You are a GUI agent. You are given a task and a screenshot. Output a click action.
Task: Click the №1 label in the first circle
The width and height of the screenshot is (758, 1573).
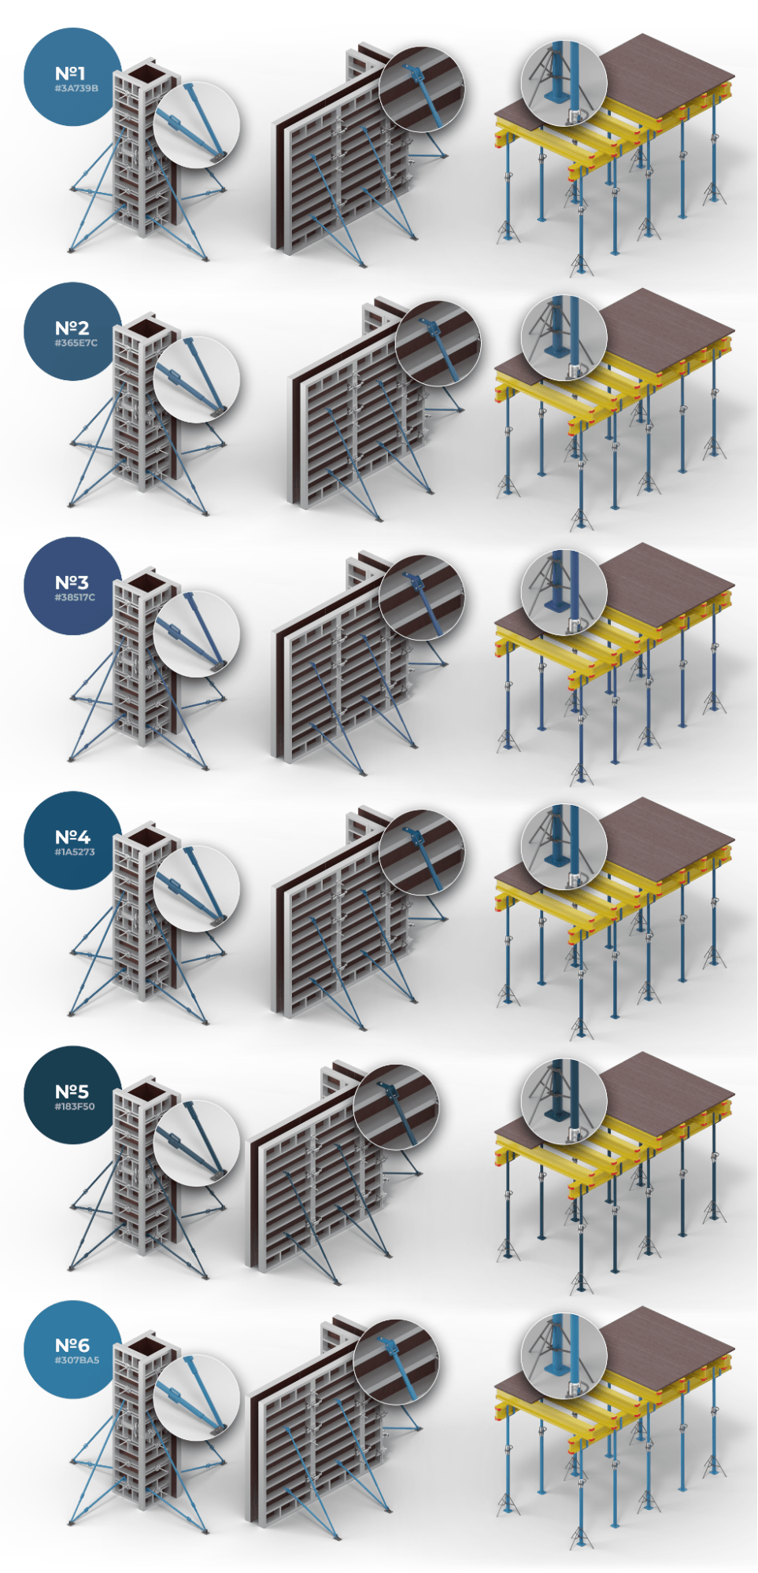[71, 73]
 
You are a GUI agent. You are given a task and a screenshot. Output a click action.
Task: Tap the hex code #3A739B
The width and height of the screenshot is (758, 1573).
[76, 88]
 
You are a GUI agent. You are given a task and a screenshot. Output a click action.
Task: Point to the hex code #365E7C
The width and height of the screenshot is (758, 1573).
[76, 343]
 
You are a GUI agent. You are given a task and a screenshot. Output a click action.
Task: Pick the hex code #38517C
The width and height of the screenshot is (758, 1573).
[75, 597]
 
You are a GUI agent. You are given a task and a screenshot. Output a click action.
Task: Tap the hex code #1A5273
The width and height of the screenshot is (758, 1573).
[75, 851]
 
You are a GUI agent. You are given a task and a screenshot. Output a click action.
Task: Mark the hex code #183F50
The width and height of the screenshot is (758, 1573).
[75, 1106]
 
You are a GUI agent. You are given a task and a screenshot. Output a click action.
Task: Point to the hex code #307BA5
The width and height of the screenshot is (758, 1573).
[77, 1360]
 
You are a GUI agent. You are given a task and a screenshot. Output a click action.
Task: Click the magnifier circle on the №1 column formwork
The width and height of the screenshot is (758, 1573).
[196, 124]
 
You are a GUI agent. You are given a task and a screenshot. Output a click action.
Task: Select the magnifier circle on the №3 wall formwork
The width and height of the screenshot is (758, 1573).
[422, 597]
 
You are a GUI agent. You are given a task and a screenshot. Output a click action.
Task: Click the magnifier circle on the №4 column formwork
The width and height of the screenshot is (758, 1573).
[196, 888]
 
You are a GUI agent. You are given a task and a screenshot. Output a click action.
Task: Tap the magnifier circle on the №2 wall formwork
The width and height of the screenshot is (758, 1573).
[438, 343]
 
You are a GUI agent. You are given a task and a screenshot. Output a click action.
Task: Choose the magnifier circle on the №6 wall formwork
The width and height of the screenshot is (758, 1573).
[396, 1361]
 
